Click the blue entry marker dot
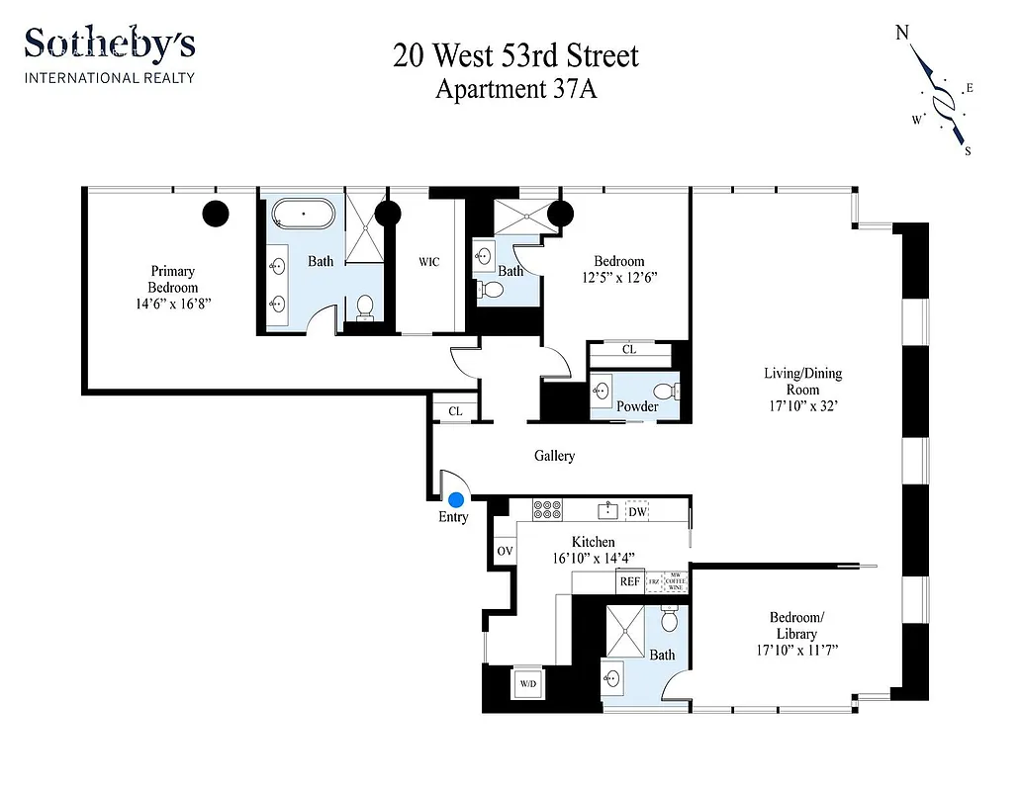click(456, 500)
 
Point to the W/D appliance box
click(525, 682)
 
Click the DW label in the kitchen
click(637, 511)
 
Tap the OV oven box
click(505, 551)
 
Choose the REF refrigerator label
click(630, 581)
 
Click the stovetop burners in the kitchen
click(547, 510)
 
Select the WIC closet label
click(428, 262)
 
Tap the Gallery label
click(554, 456)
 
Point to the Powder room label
click(637, 406)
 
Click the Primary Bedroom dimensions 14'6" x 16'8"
click(172, 305)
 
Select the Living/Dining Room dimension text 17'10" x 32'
click(802, 406)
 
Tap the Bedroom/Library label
click(795, 626)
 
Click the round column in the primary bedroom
click(216, 213)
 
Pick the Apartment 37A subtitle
click(515, 89)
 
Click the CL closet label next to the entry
click(455, 411)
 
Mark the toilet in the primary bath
click(365, 307)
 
